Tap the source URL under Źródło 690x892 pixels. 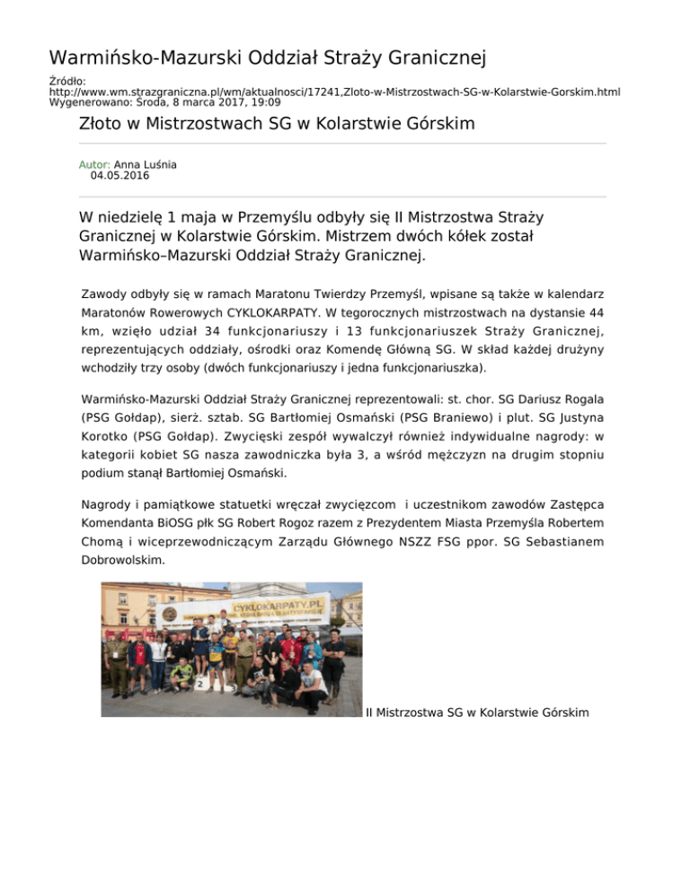(334, 92)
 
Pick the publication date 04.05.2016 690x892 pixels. (120, 176)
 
